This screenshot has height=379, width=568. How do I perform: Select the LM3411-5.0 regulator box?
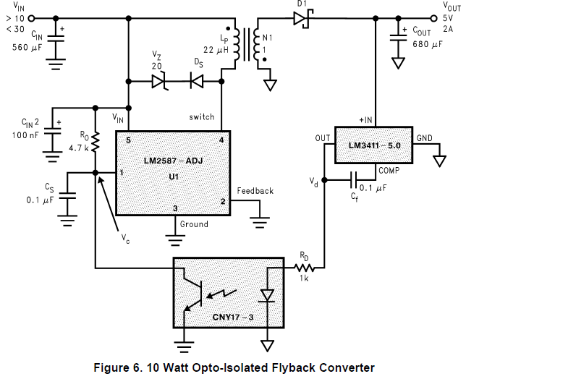click(x=373, y=146)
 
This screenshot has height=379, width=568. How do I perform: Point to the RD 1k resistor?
click(x=304, y=267)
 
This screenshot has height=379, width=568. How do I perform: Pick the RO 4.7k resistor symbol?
click(x=96, y=141)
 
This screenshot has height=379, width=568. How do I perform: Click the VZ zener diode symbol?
click(x=161, y=82)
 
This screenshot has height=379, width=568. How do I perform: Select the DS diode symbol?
click(x=196, y=82)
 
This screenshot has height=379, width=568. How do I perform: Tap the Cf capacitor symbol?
click(x=352, y=179)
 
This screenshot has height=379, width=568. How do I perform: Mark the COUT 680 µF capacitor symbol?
click(x=398, y=35)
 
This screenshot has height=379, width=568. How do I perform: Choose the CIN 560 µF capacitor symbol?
click(x=55, y=37)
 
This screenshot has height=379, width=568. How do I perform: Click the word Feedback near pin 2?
click(x=255, y=191)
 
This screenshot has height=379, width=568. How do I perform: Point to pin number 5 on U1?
click(x=127, y=139)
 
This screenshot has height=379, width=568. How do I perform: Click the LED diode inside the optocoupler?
click(x=268, y=294)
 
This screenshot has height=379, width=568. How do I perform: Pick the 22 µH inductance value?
click(x=216, y=50)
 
